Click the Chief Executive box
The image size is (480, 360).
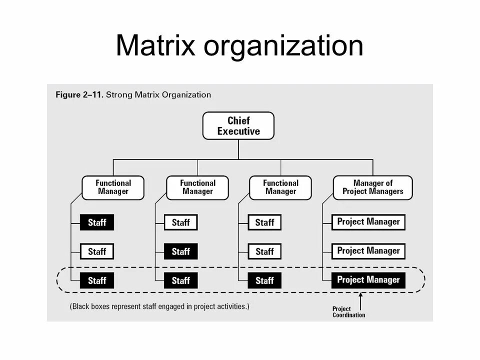[x=238, y=125]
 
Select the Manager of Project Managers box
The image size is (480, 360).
[x=372, y=187]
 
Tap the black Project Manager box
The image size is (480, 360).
[x=368, y=280]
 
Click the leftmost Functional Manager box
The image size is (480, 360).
[x=113, y=187]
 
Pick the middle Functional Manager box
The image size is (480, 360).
[x=197, y=187]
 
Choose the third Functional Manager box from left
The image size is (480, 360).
[x=280, y=187]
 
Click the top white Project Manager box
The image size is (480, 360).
[x=368, y=222]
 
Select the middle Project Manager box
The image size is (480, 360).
[x=368, y=251]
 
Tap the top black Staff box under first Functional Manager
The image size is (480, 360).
[x=97, y=222]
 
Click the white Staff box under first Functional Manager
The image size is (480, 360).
[x=97, y=251]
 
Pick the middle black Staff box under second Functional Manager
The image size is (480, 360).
[x=180, y=251]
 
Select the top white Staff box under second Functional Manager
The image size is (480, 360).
[x=180, y=222]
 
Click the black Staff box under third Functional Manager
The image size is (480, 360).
[x=264, y=280]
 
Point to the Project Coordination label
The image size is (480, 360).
[x=348, y=312]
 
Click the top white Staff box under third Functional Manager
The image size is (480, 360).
[x=264, y=222]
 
